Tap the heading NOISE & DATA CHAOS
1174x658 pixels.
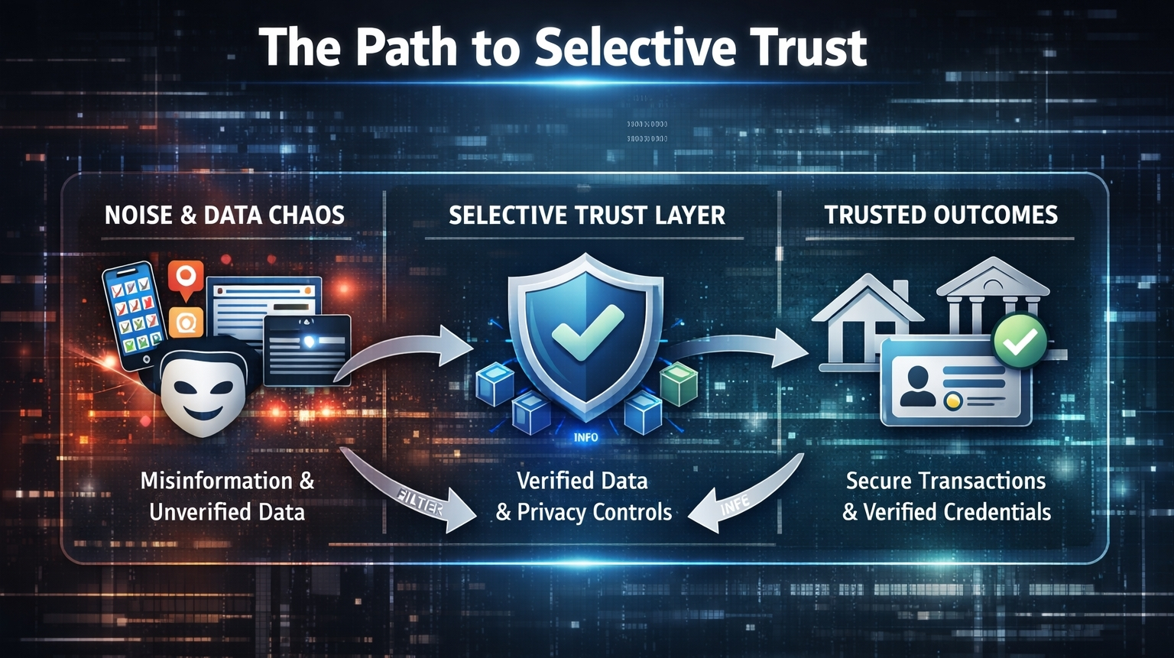224,215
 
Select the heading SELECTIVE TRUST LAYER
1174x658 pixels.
586,216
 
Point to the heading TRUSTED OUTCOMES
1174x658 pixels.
940,215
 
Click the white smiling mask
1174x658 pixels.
203,394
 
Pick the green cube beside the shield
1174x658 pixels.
678,383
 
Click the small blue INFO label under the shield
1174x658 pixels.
585,438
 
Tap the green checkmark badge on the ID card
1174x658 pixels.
1019,341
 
